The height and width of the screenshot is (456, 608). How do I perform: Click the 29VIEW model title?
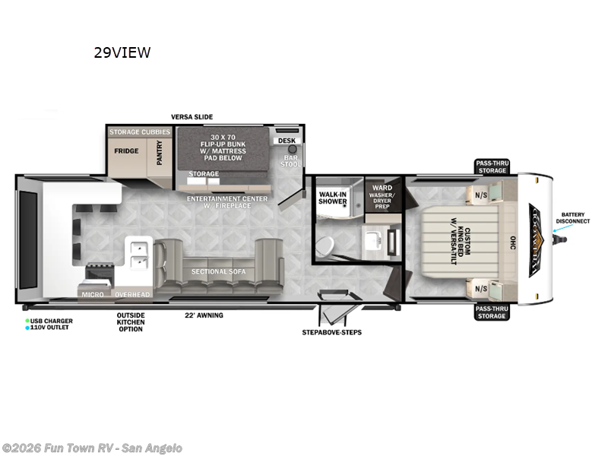point(122,52)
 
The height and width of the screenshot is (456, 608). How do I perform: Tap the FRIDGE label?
point(126,150)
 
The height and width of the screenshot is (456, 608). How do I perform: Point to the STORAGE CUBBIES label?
point(140,132)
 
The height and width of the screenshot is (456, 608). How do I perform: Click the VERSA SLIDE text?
point(192,116)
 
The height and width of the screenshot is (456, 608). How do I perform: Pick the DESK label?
point(286,141)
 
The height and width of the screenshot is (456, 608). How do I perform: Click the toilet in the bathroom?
point(325,245)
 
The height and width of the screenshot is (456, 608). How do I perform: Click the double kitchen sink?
point(138,255)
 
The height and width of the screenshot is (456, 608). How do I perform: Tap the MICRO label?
point(93,293)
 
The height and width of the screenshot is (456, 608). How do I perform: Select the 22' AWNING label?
point(204,315)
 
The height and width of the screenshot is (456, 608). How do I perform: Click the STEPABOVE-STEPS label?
point(331,332)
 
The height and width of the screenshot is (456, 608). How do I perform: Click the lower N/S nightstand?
point(483,288)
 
